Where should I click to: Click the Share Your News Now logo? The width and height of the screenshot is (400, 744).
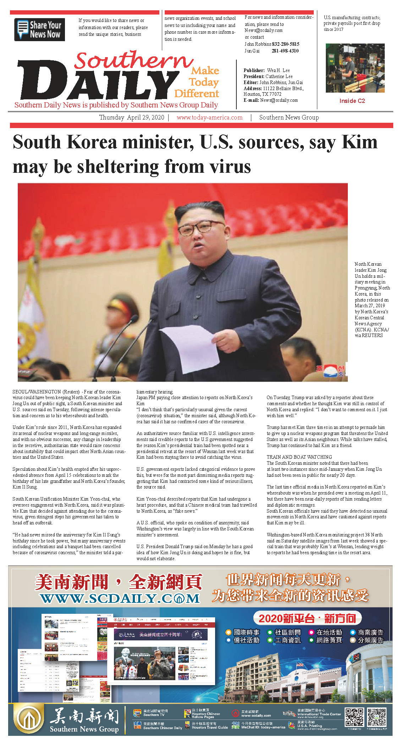coord(39,29)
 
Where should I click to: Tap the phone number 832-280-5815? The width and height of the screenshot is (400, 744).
coord(285,44)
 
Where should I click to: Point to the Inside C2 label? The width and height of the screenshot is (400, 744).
coord(352,101)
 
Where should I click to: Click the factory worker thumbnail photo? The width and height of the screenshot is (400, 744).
coord(355,68)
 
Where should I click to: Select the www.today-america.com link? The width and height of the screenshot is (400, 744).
coord(209,117)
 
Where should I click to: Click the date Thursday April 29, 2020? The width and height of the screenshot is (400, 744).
coord(132,117)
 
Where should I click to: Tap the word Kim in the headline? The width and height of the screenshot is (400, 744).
coord(359,142)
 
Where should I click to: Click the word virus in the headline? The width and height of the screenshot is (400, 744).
coord(230,166)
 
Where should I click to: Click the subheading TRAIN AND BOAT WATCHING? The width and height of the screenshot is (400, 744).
coord(299,457)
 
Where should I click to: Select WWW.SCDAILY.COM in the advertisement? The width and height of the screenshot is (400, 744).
coord(120,599)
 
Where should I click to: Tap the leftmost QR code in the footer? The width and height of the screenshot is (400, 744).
coord(355,717)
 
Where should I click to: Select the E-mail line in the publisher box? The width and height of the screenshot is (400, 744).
coord(270,100)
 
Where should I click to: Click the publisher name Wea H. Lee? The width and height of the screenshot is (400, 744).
coord(278,70)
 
